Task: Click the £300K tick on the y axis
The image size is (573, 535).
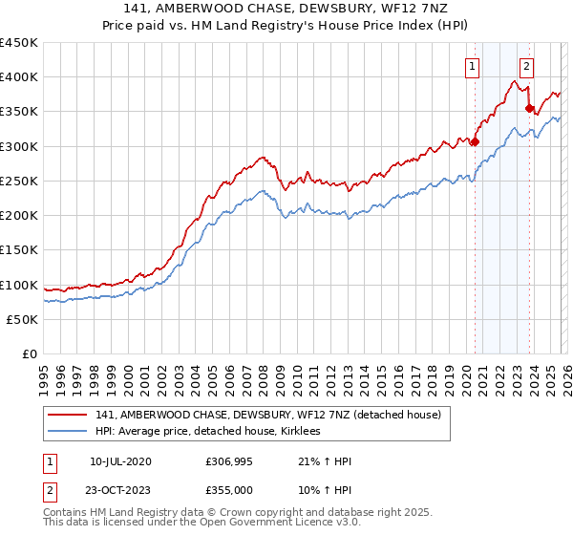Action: point(19,146)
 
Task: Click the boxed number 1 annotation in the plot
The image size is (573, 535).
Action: point(474,66)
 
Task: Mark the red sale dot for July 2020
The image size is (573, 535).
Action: point(475,142)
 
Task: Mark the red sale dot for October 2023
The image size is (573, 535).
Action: point(530,109)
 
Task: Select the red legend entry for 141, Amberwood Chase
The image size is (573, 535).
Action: point(267,415)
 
